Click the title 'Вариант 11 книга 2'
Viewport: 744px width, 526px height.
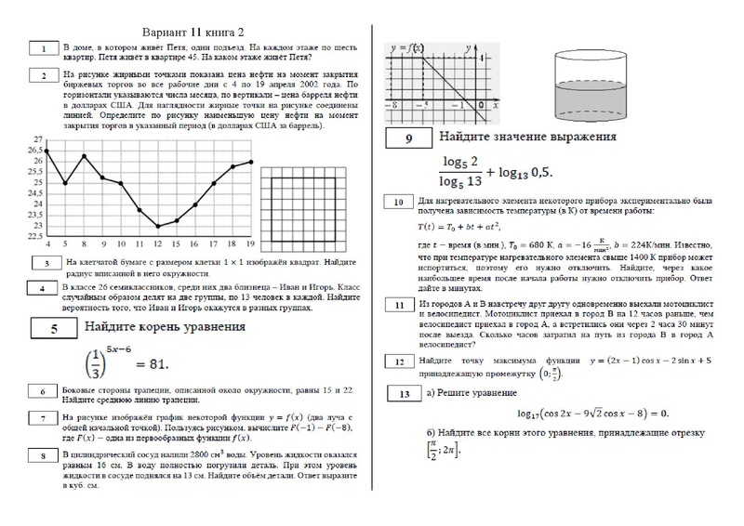[201, 29]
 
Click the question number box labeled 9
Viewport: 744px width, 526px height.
[410, 138]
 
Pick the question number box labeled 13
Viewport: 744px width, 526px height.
[403, 394]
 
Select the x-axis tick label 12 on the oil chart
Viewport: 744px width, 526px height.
[158, 244]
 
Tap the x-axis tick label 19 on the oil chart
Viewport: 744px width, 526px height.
[251, 244]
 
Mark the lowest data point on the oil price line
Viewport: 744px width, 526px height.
[158, 226]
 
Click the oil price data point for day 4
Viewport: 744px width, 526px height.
[47, 151]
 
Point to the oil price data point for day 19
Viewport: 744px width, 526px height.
[251, 162]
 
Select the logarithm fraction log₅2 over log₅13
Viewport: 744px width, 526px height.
[458, 169]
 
